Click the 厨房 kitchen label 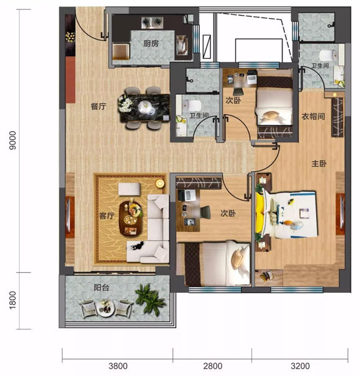pos(151,43)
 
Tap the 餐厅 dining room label pos(99,107)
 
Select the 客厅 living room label pos(107,216)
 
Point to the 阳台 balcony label pos(101,287)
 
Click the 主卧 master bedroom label pos(319,164)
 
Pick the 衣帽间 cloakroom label pos(313,117)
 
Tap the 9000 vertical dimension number pos(12,140)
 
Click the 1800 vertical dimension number pos(12,300)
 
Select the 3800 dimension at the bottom pos(118,366)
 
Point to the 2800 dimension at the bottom pos(213,366)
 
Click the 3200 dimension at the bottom pos(300,366)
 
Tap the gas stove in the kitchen pos(152,22)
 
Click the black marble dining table pos(145,108)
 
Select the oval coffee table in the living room pos(131,218)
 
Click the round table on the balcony pos(105,308)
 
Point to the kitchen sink pos(182,45)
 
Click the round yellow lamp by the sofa pos(160,184)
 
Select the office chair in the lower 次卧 pos(205,212)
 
